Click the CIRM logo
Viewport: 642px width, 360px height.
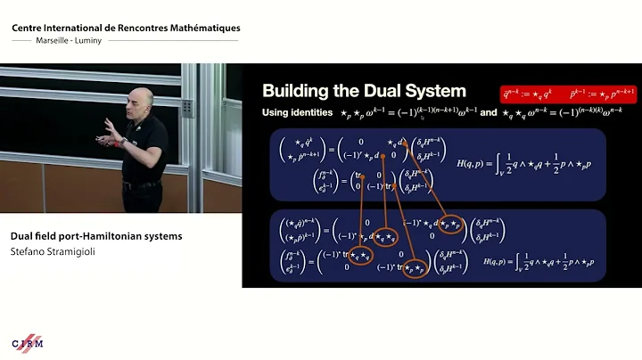pos(29,344)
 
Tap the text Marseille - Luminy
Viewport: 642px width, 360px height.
pos(50,39)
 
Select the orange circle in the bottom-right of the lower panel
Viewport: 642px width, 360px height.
pos(415,269)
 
